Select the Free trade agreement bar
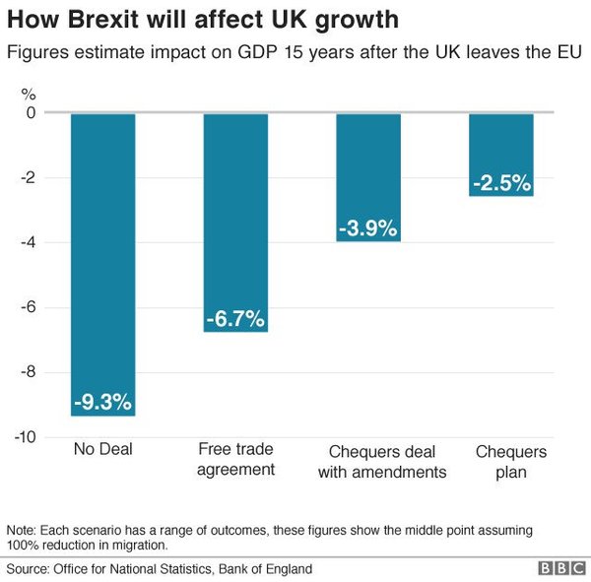pyautogui.click(x=235, y=217)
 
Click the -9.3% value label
pyautogui.click(x=103, y=402)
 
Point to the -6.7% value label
pyautogui.click(x=235, y=319)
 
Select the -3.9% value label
pyautogui.click(x=368, y=228)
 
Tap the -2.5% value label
pyautogui.click(x=501, y=183)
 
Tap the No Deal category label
pyautogui.click(x=103, y=451)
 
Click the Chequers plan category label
pyautogui.click(x=501, y=461)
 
